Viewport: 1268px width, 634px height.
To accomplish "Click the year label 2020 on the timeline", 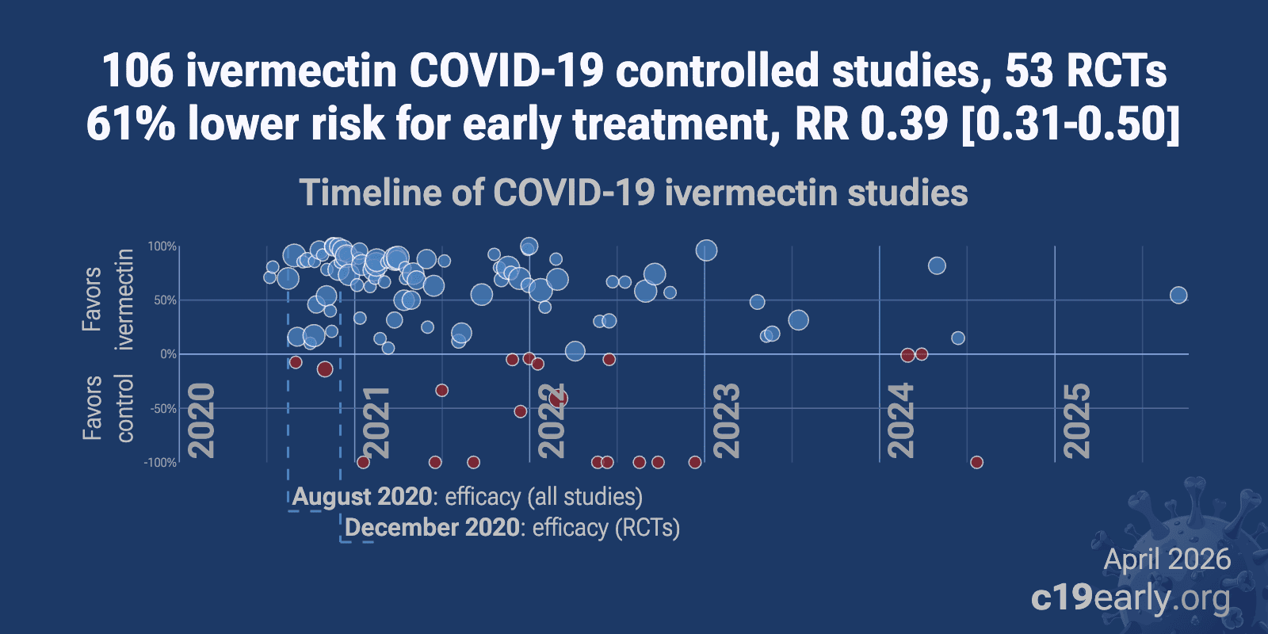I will coord(201,420).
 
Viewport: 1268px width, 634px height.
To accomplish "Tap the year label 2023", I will coord(726,420).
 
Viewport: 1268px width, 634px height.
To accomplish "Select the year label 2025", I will coord(1076,420).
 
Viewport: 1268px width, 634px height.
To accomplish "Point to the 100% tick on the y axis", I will coord(162,246).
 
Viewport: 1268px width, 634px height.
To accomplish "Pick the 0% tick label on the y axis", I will coord(168,354).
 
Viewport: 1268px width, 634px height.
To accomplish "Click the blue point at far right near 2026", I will coord(1178,296).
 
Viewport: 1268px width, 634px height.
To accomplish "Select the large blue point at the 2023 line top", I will coord(706,250).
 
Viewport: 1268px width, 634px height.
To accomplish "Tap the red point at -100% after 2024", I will coord(976,462).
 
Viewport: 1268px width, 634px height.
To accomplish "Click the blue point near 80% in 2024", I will coord(937,265).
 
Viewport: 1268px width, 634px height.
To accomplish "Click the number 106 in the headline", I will coord(137,71).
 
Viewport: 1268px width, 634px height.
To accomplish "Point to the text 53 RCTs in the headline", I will coord(1086,71).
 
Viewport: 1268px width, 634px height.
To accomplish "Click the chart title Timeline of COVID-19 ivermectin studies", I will coord(633,193).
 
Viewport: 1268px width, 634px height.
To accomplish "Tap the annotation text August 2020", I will coord(363,497).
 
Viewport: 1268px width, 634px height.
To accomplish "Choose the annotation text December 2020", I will coord(433,528).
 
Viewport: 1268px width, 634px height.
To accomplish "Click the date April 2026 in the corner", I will coord(1167,560).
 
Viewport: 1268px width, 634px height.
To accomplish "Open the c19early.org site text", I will coord(1130,598).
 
